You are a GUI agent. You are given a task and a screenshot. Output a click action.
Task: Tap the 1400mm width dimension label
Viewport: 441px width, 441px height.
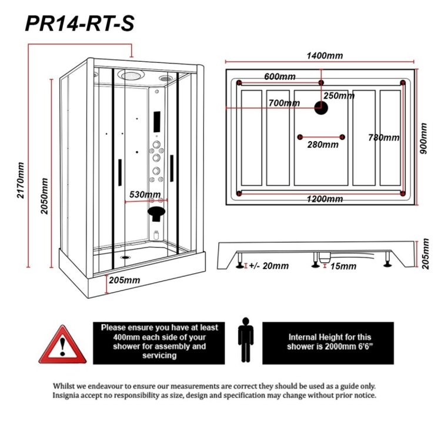(325, 56)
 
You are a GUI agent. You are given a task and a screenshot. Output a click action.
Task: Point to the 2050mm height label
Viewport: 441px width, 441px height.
(44, 195)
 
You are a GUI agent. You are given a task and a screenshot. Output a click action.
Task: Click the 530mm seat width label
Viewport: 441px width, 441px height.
(145, 195)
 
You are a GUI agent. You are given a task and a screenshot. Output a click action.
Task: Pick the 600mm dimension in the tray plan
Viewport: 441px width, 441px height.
(279, 77)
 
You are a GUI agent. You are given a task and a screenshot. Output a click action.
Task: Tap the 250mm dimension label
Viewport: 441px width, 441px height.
(339, 96)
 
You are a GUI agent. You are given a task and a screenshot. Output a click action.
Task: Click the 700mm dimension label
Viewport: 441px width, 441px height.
(283, 103)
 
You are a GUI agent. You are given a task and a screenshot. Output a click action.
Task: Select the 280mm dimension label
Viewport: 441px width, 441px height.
(322, 145)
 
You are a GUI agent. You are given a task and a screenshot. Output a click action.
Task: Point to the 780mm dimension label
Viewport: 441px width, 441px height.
(383, 138)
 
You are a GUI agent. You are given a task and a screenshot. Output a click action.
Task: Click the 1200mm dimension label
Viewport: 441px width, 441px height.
(325, 199)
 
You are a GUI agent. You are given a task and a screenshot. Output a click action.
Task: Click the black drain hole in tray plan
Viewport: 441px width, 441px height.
(321, 107)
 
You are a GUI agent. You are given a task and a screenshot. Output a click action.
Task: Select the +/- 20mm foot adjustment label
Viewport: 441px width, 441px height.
(269, 266)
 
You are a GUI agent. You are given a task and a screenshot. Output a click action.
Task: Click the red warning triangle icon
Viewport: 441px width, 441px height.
(62, 345)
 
